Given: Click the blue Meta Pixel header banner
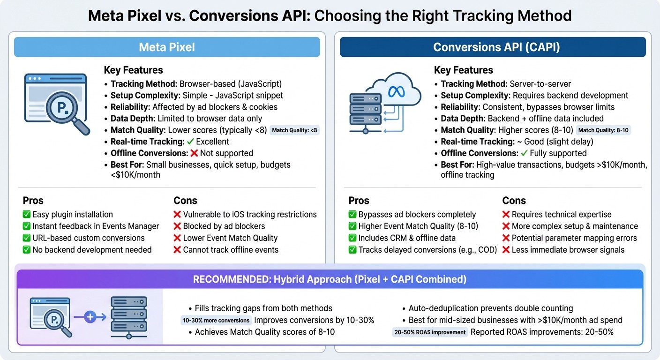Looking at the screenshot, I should click(x=167, y=47).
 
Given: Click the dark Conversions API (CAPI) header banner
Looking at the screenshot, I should click(x=493, y=47).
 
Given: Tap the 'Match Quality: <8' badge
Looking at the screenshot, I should click(x=295, y=130).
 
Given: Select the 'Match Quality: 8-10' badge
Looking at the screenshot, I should click(x=603, y=130).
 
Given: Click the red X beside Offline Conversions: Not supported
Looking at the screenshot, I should click(x=194, y=153).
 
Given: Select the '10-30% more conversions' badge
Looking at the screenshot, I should click(x=216, y=321).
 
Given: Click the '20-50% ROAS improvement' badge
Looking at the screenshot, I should click(x=430, y=332).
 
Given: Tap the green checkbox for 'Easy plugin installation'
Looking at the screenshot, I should click(x=27, y=215).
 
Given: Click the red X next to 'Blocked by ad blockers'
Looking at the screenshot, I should click(x=177, y=226).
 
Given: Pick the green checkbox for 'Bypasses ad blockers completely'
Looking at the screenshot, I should click(x=352, y=215).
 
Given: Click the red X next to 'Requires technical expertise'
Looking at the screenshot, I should click(x=506, y=215).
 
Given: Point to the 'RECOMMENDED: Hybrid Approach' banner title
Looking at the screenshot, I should click(x=330, y=279).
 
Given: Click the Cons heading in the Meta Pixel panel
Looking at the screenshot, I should click(x=185, y=201).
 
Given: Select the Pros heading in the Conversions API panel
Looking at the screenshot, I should click(x=359, y=201).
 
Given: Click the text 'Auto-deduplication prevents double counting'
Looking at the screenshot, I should click(x=490, y=308).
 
